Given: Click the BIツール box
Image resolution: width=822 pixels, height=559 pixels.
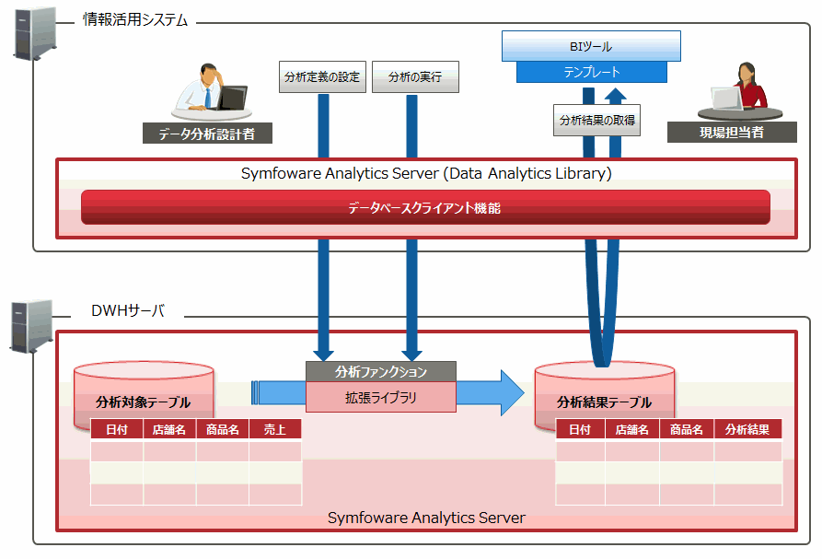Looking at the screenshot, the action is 591,46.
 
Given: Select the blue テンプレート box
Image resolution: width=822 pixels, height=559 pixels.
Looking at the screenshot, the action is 591,72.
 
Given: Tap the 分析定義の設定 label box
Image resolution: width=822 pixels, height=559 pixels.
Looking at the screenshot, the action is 322,77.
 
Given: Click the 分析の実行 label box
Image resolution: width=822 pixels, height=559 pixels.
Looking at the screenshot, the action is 415,77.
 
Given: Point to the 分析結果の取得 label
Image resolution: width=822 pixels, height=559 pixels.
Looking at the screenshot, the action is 596,120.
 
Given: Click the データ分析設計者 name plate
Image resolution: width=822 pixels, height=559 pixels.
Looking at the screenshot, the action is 207,134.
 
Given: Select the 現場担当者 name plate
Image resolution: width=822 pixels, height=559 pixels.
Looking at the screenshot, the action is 732,132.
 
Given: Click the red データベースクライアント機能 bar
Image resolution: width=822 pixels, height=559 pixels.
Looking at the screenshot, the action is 425,207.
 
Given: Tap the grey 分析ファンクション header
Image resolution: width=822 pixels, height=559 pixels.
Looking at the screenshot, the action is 380,372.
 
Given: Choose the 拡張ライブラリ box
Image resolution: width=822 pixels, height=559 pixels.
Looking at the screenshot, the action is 380,397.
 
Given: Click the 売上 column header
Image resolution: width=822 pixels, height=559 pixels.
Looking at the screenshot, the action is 275,429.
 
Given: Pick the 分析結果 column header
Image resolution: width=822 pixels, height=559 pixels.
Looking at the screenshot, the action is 747,429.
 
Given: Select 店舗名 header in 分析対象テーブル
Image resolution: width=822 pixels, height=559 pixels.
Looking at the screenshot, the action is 169,429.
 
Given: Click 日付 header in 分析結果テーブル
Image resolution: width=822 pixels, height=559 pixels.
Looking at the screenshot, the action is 580,429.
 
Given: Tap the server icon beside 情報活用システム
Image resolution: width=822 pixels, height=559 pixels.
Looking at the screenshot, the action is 35,33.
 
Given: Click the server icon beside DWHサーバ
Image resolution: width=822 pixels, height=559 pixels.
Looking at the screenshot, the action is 32,326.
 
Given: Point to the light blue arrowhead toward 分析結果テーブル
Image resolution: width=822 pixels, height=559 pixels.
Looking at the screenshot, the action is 512,392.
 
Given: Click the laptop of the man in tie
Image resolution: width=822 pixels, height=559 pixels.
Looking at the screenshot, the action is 232,98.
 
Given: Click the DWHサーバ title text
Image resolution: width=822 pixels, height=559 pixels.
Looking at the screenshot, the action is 128,310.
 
